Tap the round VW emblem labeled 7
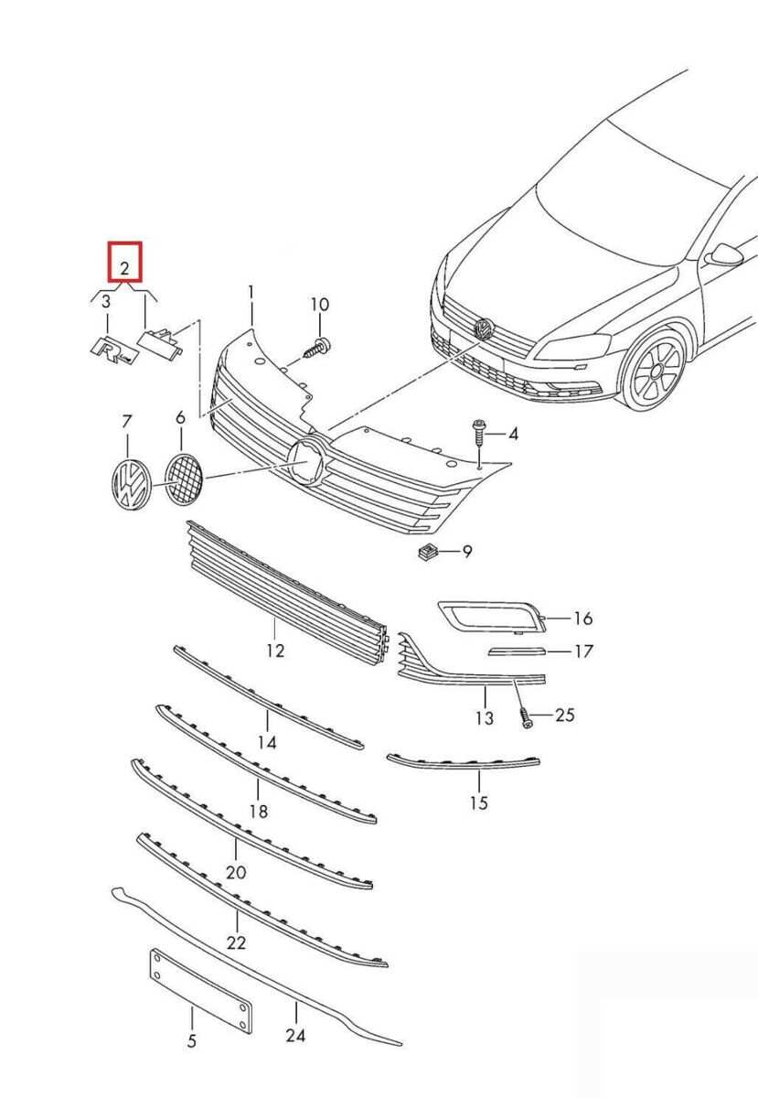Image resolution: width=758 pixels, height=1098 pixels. point(129,482)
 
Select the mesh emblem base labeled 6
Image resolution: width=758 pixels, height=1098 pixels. point(183,478)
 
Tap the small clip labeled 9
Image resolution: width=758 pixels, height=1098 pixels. point(426,551)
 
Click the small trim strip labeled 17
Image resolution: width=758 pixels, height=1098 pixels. point(518,651)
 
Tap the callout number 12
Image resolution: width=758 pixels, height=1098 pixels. point(275,651)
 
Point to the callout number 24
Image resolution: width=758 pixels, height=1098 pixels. point(295,1035)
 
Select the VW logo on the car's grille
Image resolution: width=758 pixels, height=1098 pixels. point(482,328)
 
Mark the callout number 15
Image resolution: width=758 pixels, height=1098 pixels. point(479,803)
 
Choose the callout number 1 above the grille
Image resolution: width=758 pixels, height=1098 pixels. point(251,293)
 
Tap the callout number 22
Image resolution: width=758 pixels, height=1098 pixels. point(237,942)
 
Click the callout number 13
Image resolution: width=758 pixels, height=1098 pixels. point(484,718)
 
